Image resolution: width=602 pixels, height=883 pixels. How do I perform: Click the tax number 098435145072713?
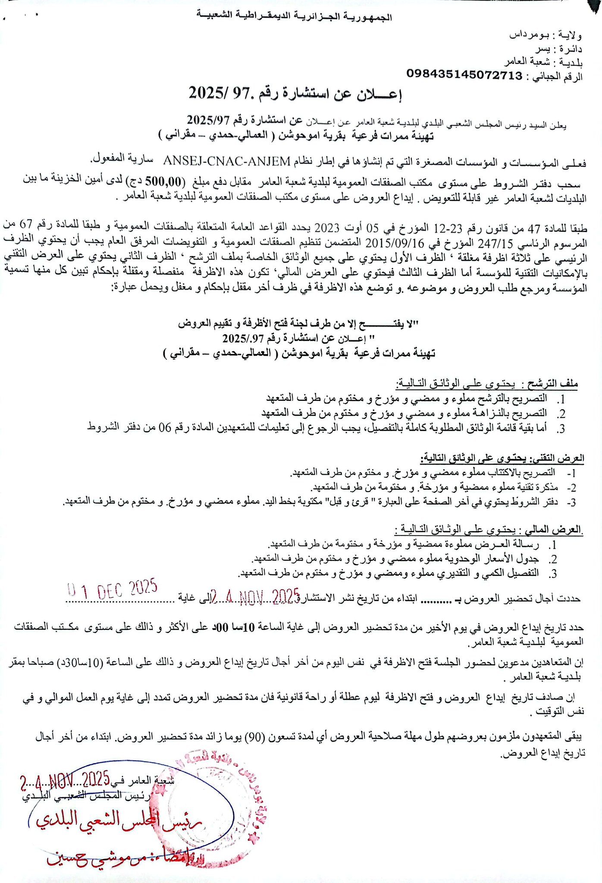tap(464, 75)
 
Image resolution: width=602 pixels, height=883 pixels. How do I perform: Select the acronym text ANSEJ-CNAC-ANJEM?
tap(227, 161)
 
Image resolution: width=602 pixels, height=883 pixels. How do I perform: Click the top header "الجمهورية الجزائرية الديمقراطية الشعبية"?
tap(295, 16)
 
